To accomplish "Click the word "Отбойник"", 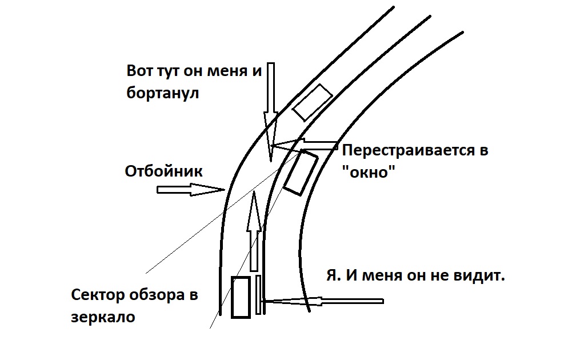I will click(163, 171).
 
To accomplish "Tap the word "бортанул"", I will click(162, 93).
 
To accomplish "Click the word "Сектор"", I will click(99, 295).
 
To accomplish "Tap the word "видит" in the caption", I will click(481, 277).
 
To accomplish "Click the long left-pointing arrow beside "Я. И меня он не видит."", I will click(323, 300).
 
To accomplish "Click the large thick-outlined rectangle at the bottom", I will click(241, 297).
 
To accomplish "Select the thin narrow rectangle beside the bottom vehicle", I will click(259, 294).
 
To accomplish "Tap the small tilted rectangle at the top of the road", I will click(312, 101).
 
